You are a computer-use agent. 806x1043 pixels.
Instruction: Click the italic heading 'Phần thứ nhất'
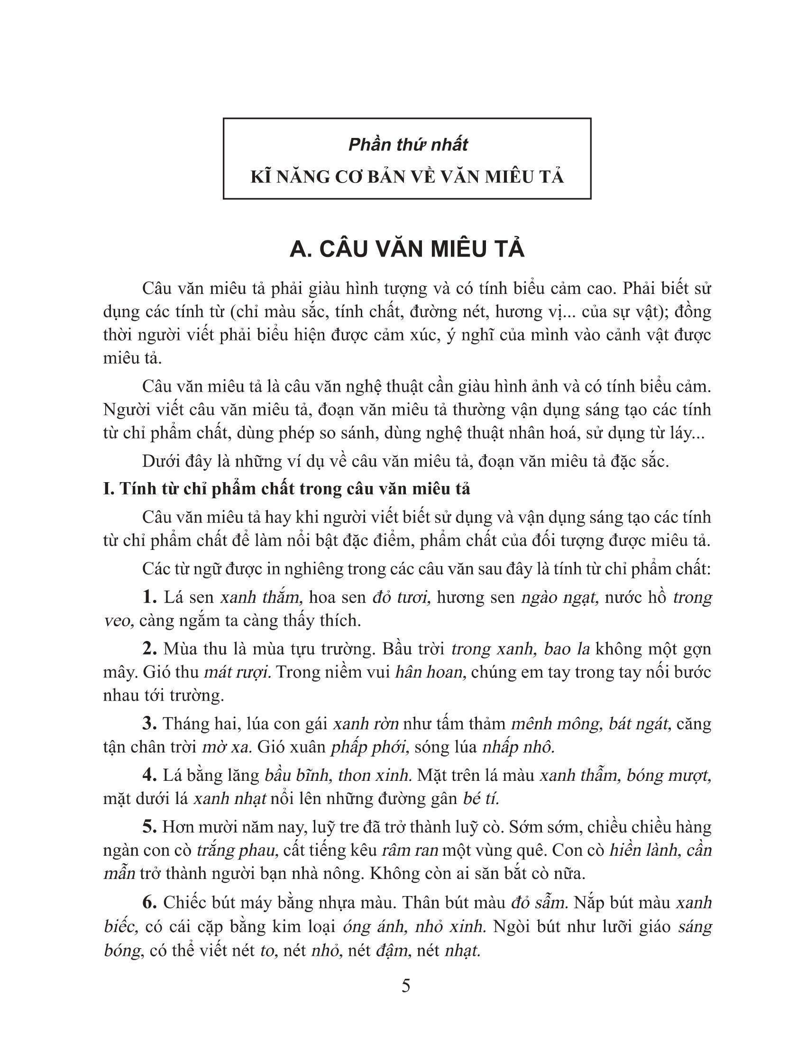tap(408, 145)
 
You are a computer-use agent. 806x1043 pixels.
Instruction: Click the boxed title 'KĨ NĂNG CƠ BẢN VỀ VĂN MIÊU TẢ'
tap(407, 177)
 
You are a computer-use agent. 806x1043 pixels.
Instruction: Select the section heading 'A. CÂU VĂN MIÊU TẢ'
tap(407, 250)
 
